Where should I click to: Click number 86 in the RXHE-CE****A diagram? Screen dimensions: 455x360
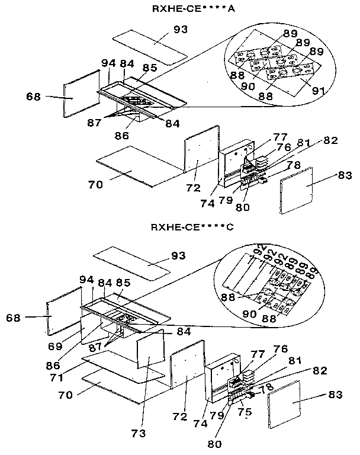coord(121,136)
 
